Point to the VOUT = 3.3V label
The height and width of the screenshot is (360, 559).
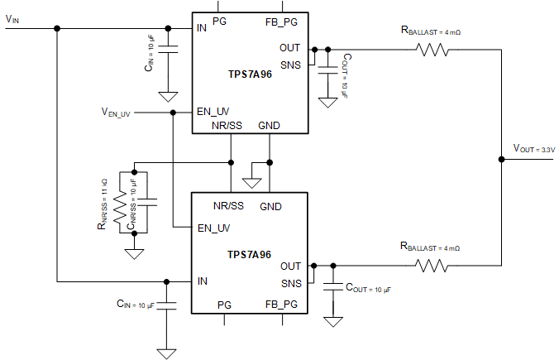pos(533,149)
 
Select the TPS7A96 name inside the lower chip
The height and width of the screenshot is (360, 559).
pos(249,255)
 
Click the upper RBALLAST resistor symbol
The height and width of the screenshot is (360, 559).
pos(433,50)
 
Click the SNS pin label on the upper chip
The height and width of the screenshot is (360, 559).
pos(289,63)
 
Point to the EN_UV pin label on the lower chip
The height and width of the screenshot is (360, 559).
pos(213,227)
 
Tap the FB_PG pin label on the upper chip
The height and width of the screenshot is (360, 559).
pos(281,21)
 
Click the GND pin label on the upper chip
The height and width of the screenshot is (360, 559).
pos(270,125)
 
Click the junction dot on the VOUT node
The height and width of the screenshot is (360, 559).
pos(501,157)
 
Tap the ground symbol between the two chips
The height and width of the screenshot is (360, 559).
pos(251,179)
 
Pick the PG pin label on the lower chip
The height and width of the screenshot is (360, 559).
pos(224,305)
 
